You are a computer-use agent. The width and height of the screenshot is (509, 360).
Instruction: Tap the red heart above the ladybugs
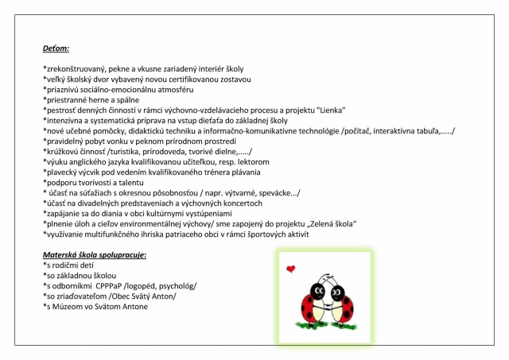[x=291, y=269]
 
